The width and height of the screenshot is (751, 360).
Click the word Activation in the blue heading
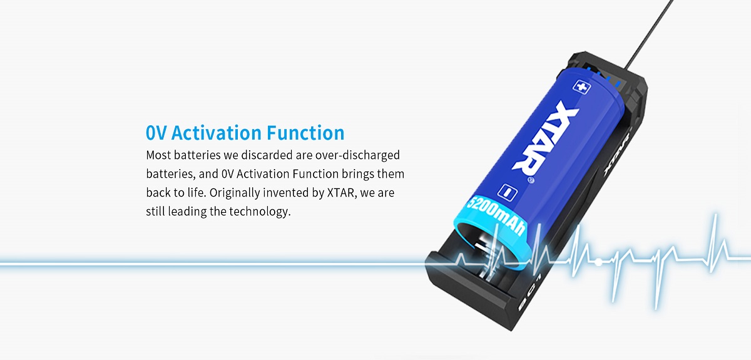point(217,133)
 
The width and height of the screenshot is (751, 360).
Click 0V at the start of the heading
point(156,133)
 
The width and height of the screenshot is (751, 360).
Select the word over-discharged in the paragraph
point(357,155)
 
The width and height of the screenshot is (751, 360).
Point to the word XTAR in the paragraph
point(340,193)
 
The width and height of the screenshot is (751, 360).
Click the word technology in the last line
point(260,212)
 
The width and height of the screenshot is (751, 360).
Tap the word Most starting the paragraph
point(158,155)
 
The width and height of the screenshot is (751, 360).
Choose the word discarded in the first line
point(267,155)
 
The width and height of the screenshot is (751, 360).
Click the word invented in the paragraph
point(286,193)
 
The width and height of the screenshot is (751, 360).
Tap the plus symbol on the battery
point(581,86)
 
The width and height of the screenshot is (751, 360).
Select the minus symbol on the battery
point(508,192)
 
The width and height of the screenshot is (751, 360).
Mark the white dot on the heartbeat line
point(598,262)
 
